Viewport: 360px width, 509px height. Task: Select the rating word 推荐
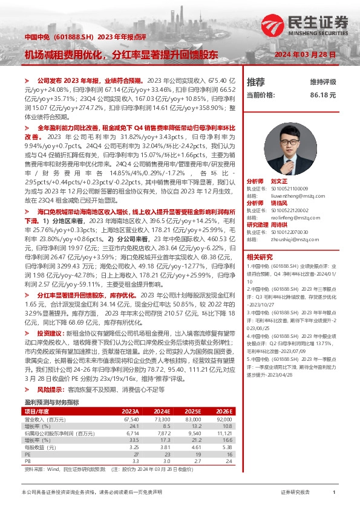click(256, 82)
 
